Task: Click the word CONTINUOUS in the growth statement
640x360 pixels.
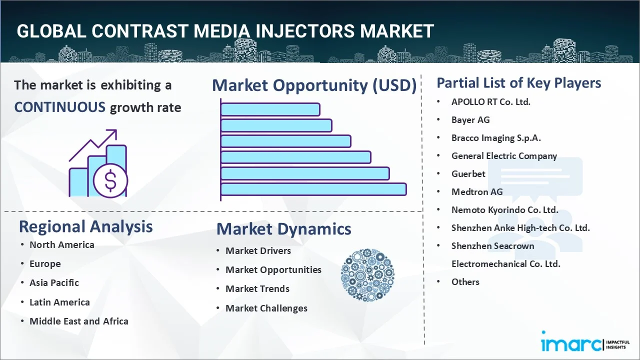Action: pyautogui.click(x=59, y=107)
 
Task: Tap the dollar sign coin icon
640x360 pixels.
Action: pyautogui.click(x=110, y=181)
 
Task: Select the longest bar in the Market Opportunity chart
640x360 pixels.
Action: pyautogui.click(x=313, y=189)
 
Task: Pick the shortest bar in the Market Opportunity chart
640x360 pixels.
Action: pyautogui.click(x=270, y=109)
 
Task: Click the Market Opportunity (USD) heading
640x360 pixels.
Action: pyautogui.click(x=314, y=85)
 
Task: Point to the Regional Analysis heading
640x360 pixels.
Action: pyautogui.click(x=85, y=226)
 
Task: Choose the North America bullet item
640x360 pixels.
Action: pyautogui.click(x=61, y=244)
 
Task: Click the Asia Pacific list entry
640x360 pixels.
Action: pyautogui.click(x=54, y=282)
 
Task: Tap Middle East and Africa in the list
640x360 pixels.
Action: pyautogui.click(x=78, y=321)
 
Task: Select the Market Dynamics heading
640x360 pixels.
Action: pyautogui.click(x=283, y=229)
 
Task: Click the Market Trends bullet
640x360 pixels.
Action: pyautogui.click(x=257, y=288)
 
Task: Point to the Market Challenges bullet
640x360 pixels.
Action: pyautogui.click(x=266, y=308)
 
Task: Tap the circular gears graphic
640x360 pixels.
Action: pyautogui.click(x=367, y=275)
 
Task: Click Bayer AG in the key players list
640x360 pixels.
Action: pyautogui.click(x=470, y=119)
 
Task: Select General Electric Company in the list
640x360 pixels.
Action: pyautogui.click(x=503, y=155)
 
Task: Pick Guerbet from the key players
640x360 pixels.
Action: pyautogui.click(x=468, y=173)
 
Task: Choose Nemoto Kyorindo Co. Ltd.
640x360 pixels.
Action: pyautogui.click(x=504, y=209)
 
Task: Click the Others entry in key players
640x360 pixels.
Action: pyautogui.click(x=465, y=281)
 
